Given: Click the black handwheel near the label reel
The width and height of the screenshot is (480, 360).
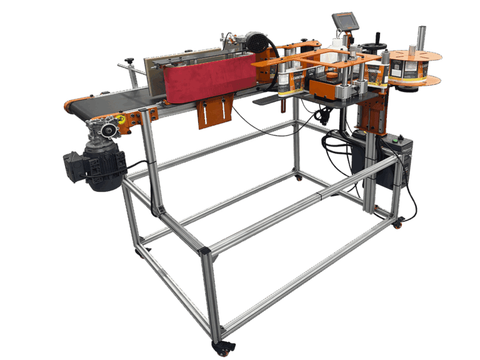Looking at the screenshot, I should click(x=376, y=46).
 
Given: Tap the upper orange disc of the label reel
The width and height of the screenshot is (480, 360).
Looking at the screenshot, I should click(x=415, y=56).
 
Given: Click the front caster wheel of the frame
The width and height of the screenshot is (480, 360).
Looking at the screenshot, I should click(x=223, y=346).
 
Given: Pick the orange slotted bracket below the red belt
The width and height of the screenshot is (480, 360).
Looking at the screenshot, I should click(x=211, y=112).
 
